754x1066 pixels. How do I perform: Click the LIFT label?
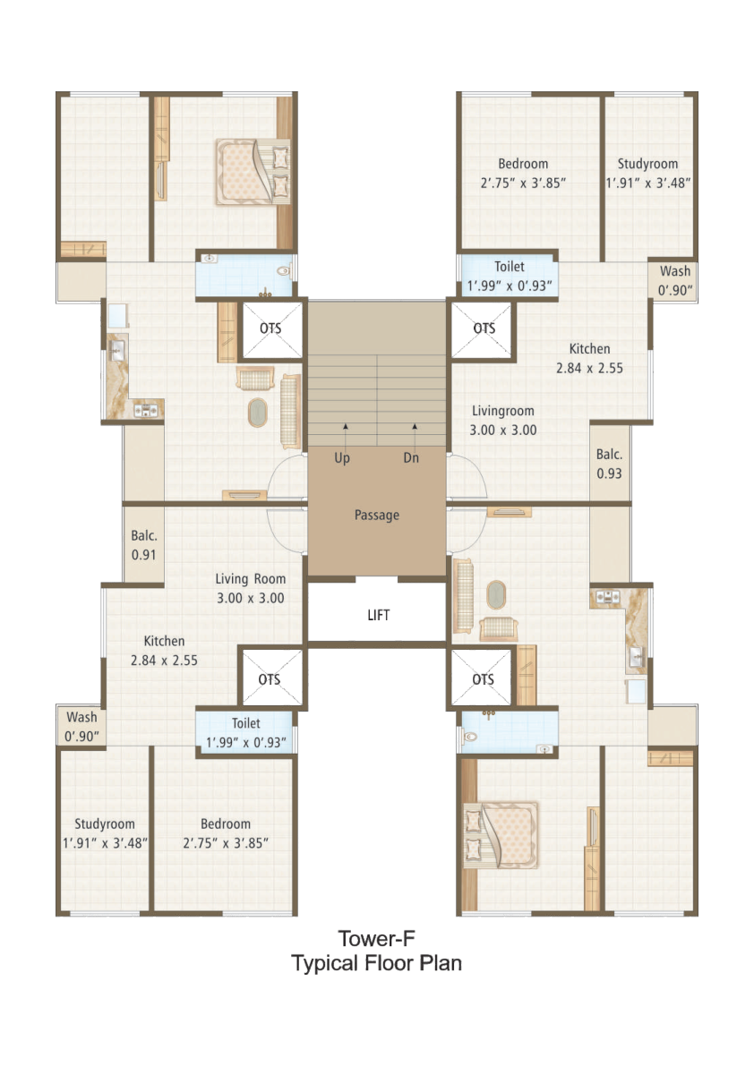tap(378, 615)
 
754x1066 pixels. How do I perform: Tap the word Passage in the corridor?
tap(377, 516)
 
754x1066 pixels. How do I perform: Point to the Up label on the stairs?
tap(342, 457)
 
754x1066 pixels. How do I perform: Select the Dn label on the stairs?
tap(411, 457)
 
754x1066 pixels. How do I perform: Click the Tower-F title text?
tap(376, 939)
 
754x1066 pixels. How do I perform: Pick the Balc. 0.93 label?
tap(609, 464)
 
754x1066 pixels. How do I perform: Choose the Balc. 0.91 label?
tap(143, 545)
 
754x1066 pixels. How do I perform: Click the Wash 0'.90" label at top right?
tap(675, 281)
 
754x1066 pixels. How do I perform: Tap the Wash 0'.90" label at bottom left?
tap(81, 727)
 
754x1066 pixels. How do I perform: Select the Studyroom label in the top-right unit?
tap(648, 164)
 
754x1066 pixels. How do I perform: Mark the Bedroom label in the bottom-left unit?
tap(226, 824)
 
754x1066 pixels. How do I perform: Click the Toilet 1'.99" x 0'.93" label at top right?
tap(510, 276)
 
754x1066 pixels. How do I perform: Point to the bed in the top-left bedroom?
tap(253, 172)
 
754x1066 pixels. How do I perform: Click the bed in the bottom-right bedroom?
tap(501, 835)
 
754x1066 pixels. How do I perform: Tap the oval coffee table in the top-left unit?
tap(258, 414)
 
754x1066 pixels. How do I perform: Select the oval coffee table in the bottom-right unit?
tap(496, 595)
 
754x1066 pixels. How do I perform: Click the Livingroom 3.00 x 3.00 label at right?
tap(503, 420)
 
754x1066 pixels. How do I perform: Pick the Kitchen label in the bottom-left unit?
tap(164, 641)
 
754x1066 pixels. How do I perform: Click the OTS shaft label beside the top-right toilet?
tap(484, 328)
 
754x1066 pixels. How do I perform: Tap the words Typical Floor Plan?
tap(377, 963)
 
